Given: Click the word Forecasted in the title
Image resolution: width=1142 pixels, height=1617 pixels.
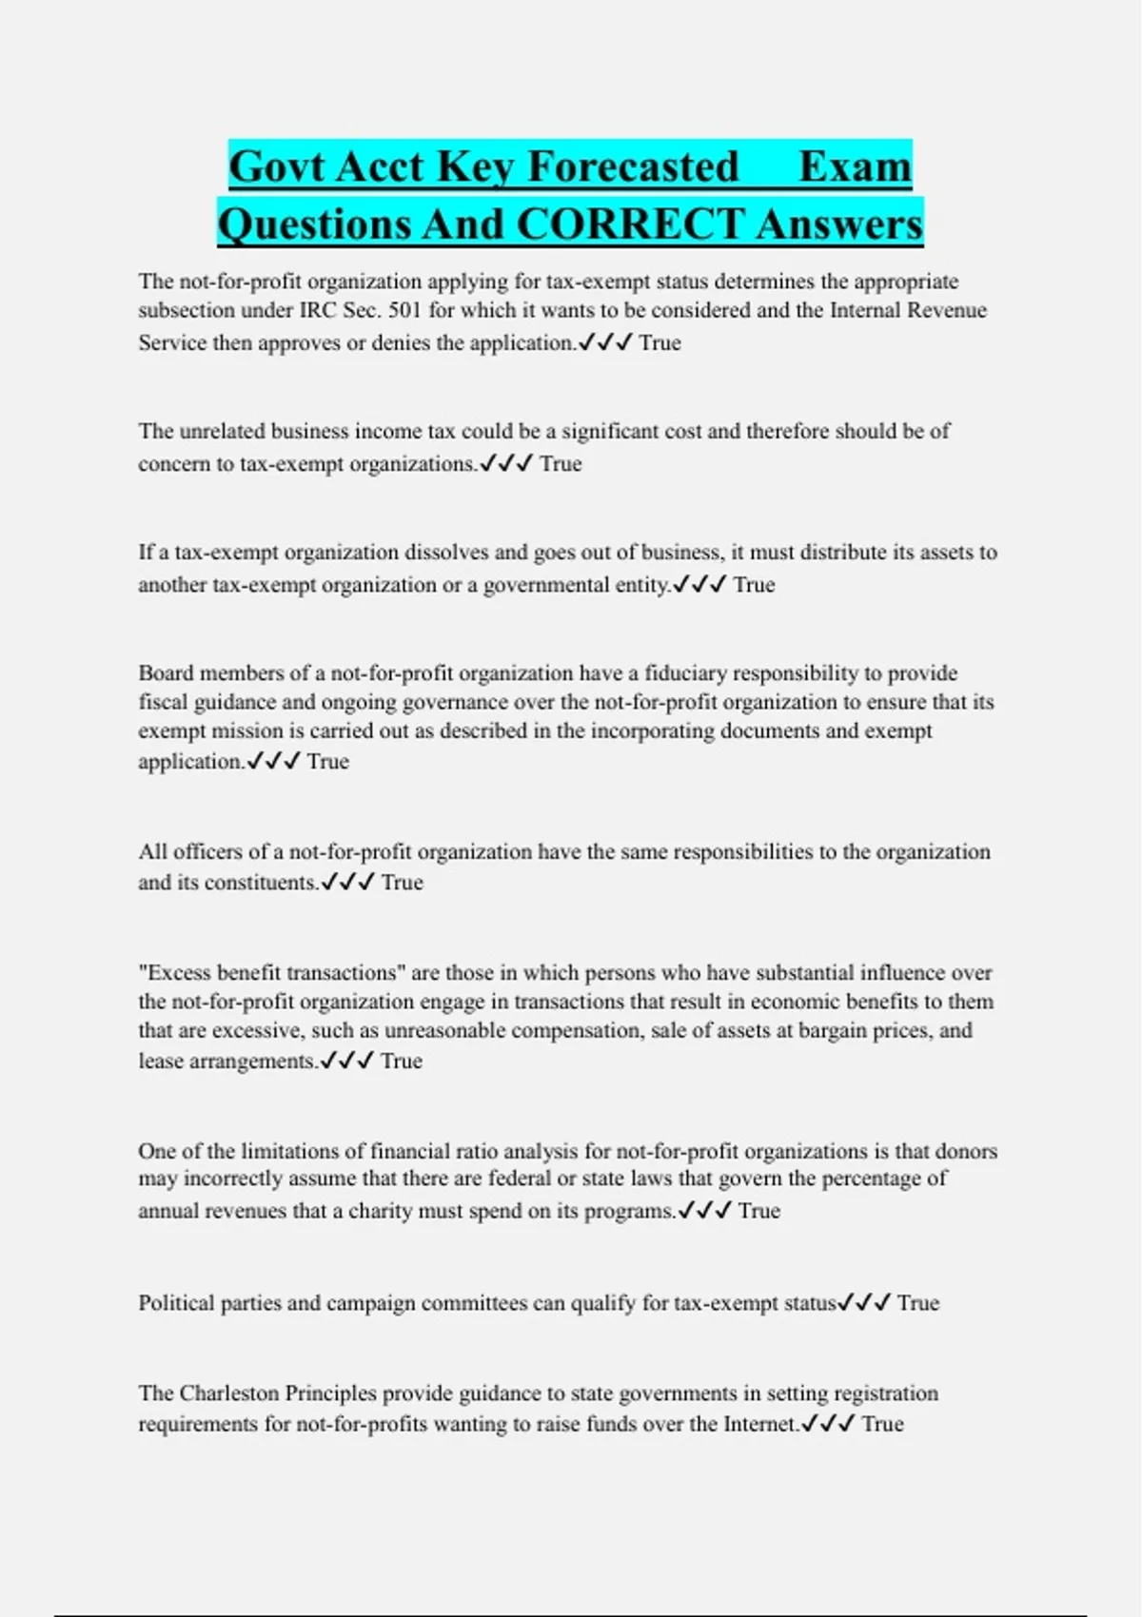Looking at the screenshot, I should tap(633, 166).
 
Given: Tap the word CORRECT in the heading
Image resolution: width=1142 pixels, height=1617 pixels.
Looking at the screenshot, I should tap(630, 224).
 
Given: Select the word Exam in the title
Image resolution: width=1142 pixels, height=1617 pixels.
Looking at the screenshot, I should tap(855, 166).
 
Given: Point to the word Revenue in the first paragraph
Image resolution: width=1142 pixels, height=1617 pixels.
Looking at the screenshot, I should tap(947, 310).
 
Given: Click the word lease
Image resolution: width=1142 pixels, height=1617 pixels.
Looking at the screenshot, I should tap(161, 1061).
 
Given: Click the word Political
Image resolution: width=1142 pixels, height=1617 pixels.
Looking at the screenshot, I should tap(176, 1303).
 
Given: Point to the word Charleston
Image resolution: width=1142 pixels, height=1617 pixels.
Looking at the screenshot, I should tap(235, 1393).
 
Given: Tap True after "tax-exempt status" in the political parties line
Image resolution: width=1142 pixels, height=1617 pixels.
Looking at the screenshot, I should tap(917, 1303).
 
